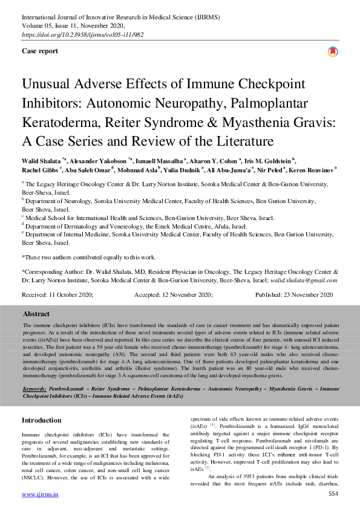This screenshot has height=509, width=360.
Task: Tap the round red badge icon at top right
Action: (x=332, y=52)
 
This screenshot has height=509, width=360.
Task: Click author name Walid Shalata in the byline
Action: (x=42, y=161)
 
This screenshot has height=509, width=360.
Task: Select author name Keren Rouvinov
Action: (x=312, y=170)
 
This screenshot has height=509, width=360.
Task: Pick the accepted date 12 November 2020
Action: (x=182, y=294)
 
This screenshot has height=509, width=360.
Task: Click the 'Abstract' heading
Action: (x=36, y=314)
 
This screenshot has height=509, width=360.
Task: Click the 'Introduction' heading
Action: (x=41, y=420)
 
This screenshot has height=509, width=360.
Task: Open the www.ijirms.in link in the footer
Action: (x=40, y=494)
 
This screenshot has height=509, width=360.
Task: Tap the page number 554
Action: (x=333, y=494)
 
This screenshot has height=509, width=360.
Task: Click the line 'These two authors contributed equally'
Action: (x=88, y=257)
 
